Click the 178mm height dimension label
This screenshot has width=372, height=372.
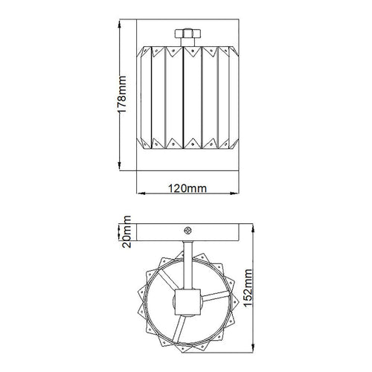(x=121, y=94)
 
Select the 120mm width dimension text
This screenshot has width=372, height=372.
(x=187, y=188)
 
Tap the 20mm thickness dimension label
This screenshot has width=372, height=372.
(x=126, y=231)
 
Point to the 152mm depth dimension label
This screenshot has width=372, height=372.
(x=248, y=288)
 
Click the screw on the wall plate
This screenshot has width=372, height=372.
(x=187, y=231)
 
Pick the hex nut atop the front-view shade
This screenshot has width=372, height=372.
(x=187, y=33)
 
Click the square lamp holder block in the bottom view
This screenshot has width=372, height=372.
(x=187, y=302)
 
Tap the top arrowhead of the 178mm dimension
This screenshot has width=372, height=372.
(x=119, y=24)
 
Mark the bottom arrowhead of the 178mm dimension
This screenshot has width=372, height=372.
(x=119, y=166)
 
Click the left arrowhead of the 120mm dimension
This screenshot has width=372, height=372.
(x=141, y=193)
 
